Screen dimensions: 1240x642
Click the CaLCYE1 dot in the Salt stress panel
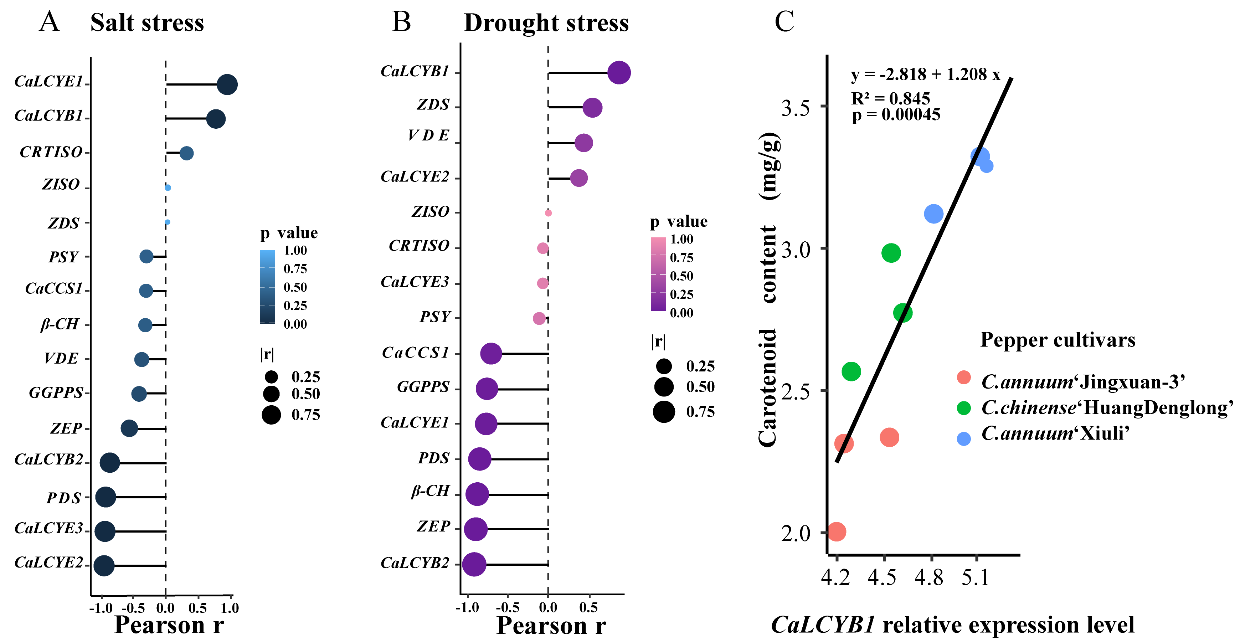[227, 85]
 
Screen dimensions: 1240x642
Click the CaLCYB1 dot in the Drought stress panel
[619, 73]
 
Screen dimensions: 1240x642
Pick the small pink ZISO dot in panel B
[548, 213]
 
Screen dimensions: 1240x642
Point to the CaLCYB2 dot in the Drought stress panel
[474, 564]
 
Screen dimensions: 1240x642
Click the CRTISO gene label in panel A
[51, 152]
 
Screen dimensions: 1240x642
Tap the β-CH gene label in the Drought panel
[430, 491]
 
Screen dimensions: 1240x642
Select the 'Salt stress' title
[147, 22]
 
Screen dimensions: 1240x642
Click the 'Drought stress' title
[546, 22]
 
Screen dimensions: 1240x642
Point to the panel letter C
[784, 22]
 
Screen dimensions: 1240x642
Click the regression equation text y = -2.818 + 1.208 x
[926, 75]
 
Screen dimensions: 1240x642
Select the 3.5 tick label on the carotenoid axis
[796, 108]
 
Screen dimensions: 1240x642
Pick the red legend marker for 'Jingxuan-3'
[964, 377]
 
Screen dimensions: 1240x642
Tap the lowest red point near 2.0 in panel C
[837, 532]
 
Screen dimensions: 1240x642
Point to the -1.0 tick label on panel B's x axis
[467, 607]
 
